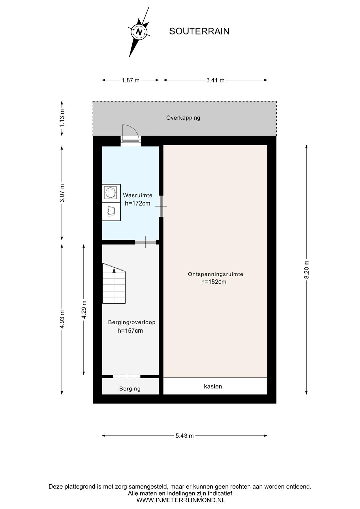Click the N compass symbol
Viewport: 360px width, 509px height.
(x=139, y=32)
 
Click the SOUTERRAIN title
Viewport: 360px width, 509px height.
(x=199, y=31)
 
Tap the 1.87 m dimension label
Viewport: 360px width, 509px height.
(x=131, y=80)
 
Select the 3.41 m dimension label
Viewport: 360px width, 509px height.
(x=215, y=80)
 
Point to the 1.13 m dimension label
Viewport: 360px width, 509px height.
(x=62, y=118)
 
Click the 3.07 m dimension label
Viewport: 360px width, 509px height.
(x=62, y=193)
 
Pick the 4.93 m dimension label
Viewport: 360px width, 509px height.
(x=62, y=319)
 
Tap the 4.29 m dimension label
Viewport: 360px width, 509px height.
(x=84, y=310)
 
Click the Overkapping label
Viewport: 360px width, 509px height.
(x=183, y=118)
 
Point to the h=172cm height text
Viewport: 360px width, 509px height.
(x=138, y=203)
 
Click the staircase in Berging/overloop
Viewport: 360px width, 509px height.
(x=114, y=284)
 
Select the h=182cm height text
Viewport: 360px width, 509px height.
(x=214, y=282)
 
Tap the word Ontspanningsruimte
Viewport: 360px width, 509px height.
(x=216, y=274)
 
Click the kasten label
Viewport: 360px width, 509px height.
(x=213, y=386)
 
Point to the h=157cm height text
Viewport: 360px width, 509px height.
(x=130, y=331)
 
